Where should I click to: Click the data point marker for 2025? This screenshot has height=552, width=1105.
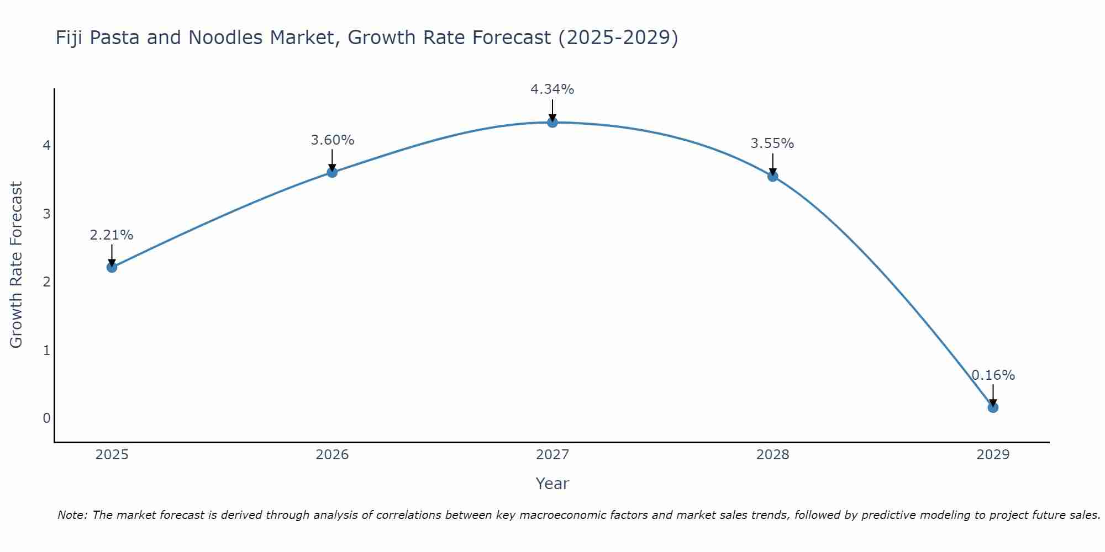tap(112, 267)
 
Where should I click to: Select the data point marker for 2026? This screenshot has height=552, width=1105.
tap(332, 172)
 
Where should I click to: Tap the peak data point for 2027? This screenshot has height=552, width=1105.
tap(552, 122)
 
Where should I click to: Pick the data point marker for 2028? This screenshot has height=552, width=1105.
tap(773, 176)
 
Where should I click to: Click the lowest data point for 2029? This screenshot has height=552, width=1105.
tap(993, 407)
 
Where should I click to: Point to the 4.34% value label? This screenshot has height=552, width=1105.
tap(552, 89)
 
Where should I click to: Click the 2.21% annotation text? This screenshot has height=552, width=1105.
tap(112, 235)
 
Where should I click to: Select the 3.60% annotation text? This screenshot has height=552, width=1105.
tap(332, 140)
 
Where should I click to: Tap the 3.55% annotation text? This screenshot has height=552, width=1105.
tap(772, 144)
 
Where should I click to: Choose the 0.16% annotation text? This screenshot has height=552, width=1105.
tap(993, 375)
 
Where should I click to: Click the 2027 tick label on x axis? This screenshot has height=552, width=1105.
tap(552, 455)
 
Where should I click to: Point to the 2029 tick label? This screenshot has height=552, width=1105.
tap(993, 455)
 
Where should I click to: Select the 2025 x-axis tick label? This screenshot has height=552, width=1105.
tap(112, 455)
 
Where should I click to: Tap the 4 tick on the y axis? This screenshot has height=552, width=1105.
tap(47, 145)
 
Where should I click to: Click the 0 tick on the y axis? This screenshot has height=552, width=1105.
tap(47, 418)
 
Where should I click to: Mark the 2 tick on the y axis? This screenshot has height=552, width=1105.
tap(47, 282)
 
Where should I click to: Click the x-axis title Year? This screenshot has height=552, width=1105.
tap(552, 484)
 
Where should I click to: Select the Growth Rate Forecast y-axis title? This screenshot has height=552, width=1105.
tap(17, 265)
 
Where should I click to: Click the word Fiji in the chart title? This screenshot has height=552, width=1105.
tap(69, 38)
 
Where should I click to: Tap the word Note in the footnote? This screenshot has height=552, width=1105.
tap(72, 515)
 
